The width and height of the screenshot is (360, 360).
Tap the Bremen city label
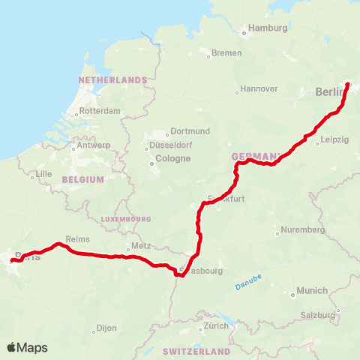point(226,53)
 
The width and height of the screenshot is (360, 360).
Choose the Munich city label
point(312,291)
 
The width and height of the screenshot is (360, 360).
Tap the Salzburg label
point(318,315)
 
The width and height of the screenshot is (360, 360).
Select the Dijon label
point(106,329)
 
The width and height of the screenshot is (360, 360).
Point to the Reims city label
point(78,239)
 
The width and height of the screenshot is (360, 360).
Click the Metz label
point(141,246)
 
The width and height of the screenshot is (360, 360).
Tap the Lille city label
point(46,175)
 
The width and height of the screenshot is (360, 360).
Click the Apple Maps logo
point(27,347)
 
